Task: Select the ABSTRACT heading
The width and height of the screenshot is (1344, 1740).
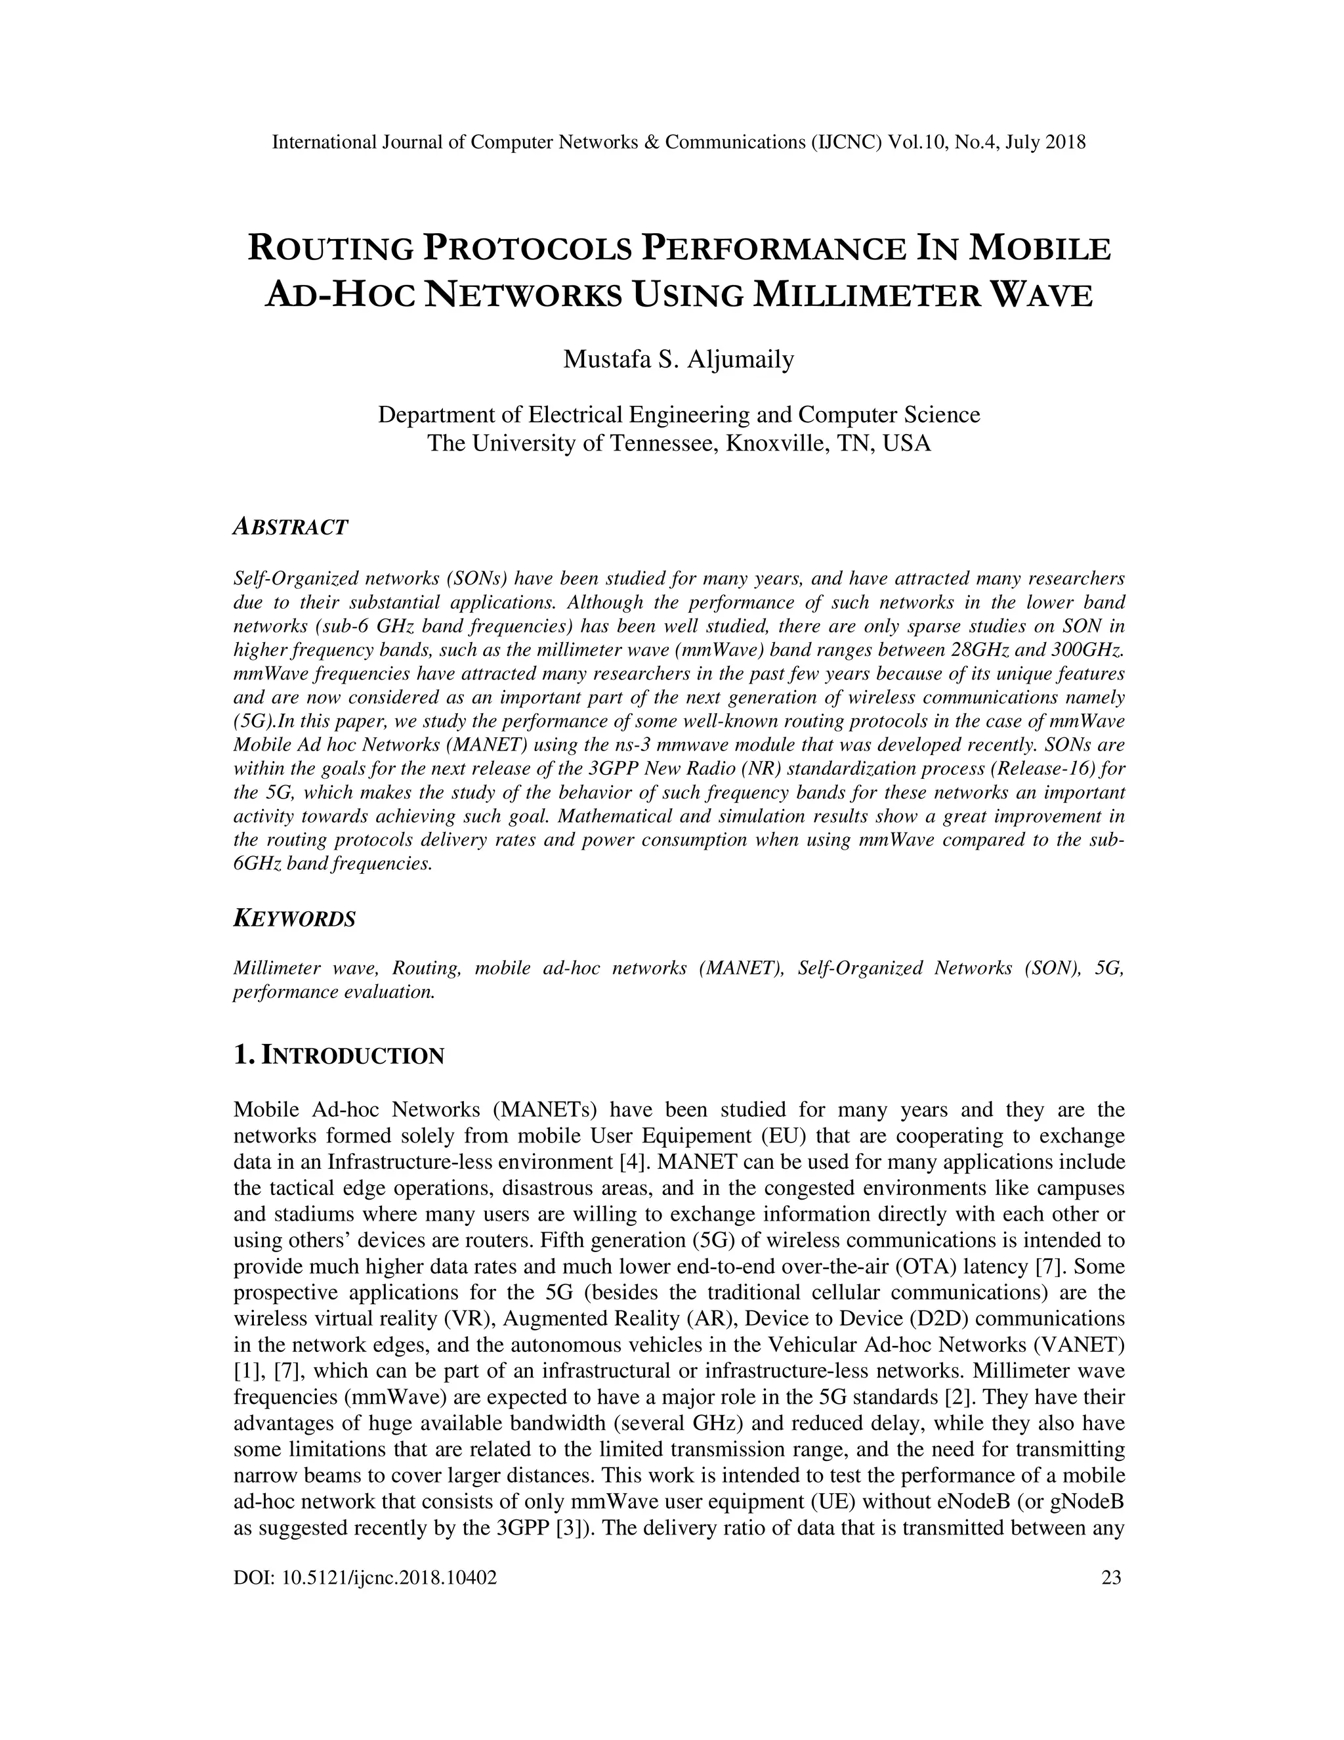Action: point(291,527)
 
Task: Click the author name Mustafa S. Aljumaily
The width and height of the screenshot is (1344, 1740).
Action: point(679,360)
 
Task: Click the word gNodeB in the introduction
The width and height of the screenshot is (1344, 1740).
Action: point(1087,1502)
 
